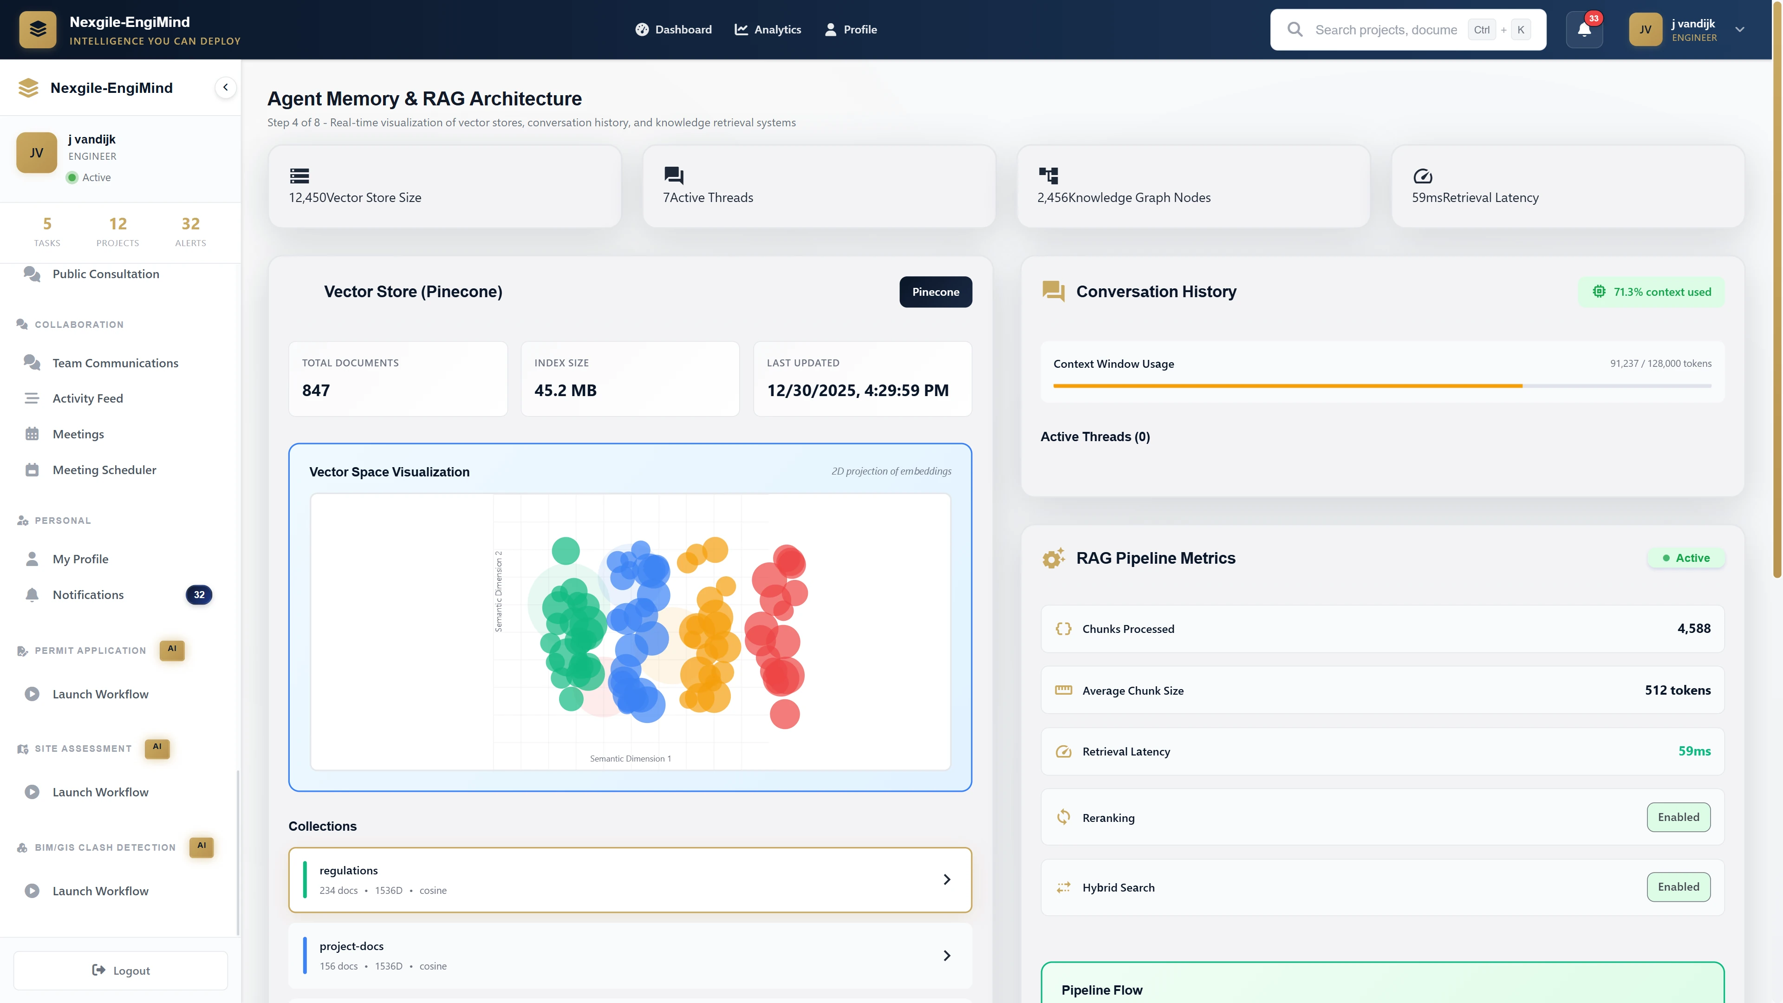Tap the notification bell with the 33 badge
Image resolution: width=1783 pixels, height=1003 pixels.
[x=1584, y=30]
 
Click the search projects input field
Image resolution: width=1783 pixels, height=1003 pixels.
[x=1386, y=30]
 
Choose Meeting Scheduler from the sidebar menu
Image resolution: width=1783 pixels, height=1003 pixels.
[x=104, y=470]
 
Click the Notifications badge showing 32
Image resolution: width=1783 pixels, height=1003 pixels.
[x=199, y=594]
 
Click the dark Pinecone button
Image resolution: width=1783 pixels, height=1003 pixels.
[x=935, y=292]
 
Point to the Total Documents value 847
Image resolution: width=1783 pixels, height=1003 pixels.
[x=316, y=391]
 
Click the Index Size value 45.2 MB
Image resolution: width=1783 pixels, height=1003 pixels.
[x=565, y=391]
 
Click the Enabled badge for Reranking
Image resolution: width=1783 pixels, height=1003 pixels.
[x=1678, y=817]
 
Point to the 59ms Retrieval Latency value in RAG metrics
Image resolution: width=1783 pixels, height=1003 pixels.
[x=1694, y=751]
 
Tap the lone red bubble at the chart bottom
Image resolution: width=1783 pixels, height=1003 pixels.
[x=784, y=714]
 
